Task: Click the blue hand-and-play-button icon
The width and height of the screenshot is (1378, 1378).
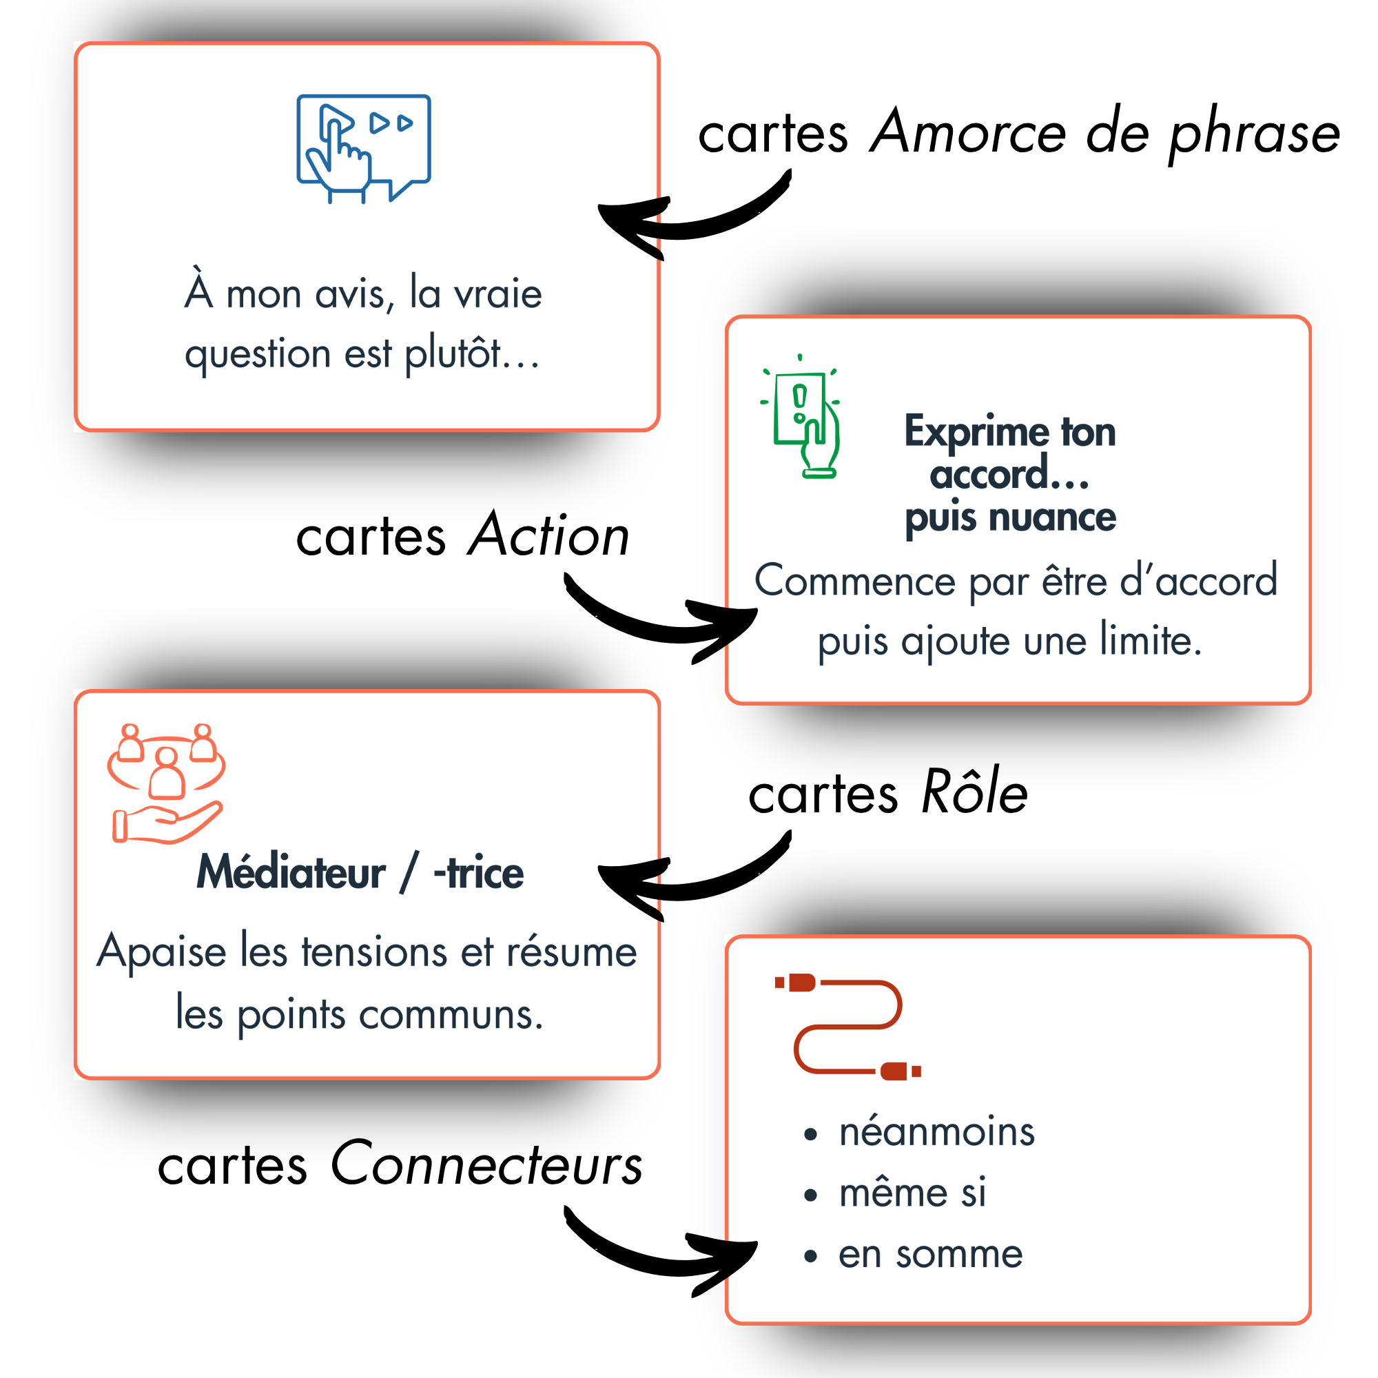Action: [363, 148]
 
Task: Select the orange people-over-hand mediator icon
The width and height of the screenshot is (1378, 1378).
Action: [166, 783]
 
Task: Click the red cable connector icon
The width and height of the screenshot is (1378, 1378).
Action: [848, 1027]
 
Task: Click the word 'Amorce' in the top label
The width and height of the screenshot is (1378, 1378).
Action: [969, 133]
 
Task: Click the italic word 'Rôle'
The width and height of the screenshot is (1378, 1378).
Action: [974, 792]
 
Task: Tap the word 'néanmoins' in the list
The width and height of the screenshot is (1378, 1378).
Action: [936, 1133]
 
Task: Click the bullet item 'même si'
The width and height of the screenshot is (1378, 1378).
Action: [912, 1193]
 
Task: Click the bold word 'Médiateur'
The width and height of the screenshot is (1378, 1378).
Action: [291, 872]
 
